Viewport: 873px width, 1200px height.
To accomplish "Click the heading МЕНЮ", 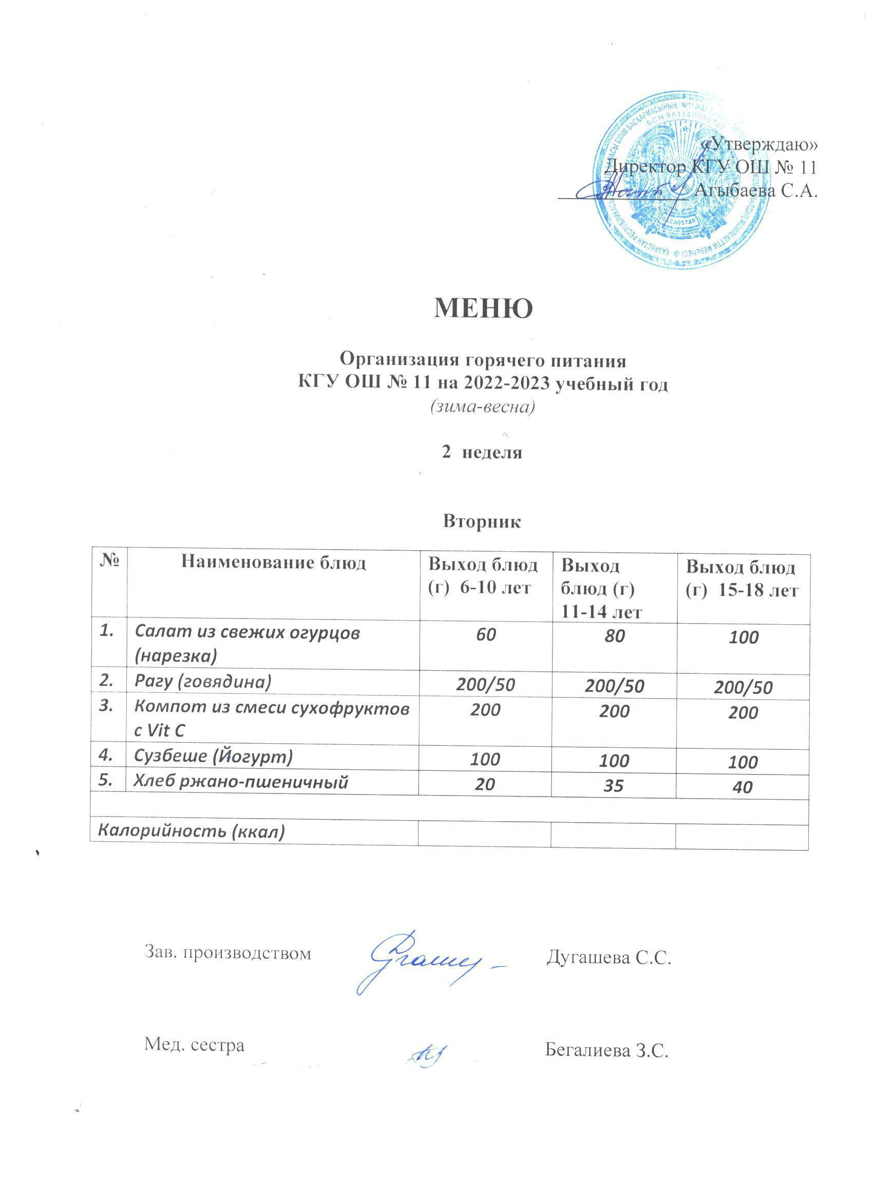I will pos(483,308).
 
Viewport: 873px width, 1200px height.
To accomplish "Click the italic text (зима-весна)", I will pos(482,407).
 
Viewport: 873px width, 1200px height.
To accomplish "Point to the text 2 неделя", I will pos(482,453).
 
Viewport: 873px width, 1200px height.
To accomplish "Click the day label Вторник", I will pos(482,521).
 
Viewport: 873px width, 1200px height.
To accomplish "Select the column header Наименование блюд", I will pos(273,563).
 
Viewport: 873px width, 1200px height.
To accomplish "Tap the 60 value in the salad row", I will pos(485,634).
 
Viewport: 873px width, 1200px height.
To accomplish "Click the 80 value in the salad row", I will pos(614,635).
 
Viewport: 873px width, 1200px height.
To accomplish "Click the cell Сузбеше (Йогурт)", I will pos(213,757).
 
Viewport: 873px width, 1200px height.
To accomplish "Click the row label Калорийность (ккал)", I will pos(189,832).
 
